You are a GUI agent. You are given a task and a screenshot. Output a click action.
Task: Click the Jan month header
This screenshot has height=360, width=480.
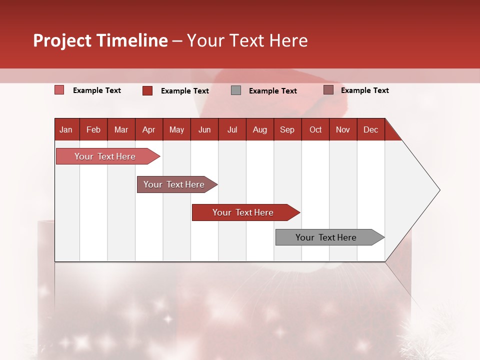[66, 129]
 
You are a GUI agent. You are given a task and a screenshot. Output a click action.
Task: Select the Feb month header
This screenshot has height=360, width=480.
[93, 129]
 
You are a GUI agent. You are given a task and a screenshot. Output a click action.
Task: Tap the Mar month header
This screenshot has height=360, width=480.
[121, 129]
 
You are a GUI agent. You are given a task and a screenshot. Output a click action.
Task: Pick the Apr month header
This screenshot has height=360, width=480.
[149, 129]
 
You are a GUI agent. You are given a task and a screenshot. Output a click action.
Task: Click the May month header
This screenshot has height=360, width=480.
[176, 129]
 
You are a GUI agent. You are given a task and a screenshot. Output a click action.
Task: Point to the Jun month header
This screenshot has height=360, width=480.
[204, 129]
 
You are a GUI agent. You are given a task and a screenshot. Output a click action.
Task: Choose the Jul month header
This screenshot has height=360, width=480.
[232, 129]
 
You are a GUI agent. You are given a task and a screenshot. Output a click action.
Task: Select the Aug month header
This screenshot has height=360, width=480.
[260, 129]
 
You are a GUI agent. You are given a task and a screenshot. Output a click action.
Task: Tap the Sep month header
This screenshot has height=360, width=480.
[287, 129]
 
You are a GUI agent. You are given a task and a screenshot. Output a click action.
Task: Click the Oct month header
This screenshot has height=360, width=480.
[315, 129]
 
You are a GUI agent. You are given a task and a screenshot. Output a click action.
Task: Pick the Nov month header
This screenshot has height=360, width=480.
[343, 129]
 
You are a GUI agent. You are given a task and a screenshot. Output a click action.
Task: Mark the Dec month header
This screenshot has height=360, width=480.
[371, 129]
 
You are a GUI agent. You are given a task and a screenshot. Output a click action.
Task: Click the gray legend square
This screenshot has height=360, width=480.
[236, 90]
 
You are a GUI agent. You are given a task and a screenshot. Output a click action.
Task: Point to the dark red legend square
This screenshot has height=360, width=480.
[147, 90]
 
